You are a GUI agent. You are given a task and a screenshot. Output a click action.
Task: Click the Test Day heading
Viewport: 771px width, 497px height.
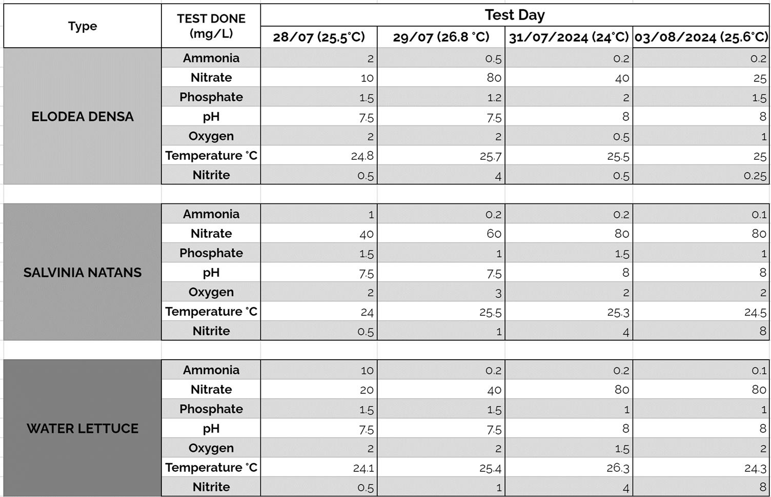[515, 15]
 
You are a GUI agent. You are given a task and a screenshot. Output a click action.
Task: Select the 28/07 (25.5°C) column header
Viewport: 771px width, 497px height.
[318, 37]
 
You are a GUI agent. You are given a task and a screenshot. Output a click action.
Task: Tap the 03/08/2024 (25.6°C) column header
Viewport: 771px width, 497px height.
[701, 37]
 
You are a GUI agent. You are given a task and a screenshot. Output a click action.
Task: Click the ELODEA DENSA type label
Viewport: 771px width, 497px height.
[83, 117]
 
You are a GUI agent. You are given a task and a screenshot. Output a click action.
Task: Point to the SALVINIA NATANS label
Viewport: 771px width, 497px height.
[83, 273]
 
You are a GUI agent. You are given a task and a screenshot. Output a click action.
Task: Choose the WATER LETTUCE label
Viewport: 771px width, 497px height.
[83, 428]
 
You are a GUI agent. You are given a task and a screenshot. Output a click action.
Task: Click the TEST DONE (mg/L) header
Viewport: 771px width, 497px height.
[211, 26]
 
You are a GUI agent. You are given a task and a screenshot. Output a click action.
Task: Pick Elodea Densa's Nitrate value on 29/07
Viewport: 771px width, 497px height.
[494, 78]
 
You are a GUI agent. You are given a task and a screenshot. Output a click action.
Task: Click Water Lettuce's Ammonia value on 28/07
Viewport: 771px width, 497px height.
[367, 370]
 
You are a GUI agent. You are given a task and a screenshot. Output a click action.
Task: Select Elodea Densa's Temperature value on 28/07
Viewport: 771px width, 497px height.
[362, 156]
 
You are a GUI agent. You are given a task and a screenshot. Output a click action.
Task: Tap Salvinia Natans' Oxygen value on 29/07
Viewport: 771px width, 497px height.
[498, 293]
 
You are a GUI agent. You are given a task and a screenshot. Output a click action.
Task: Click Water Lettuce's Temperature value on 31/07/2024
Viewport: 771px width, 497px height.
[617, 468]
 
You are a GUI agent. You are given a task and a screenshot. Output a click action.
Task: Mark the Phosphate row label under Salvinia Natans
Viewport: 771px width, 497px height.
[211, 253]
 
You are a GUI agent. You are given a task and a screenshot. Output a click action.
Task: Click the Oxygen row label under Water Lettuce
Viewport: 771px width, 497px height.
[211, 448]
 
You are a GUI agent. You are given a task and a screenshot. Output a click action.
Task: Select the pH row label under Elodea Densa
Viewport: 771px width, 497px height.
[211, 117]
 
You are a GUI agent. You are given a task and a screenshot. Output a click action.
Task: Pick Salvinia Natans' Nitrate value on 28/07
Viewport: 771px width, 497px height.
[366, 234]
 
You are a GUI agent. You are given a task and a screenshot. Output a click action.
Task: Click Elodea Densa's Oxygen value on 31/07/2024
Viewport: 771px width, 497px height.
[621, 137]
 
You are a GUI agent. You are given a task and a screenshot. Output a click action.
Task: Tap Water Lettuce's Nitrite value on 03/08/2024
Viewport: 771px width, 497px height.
[762, 487]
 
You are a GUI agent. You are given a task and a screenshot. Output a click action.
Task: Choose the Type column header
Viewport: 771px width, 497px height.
[83, 26]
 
